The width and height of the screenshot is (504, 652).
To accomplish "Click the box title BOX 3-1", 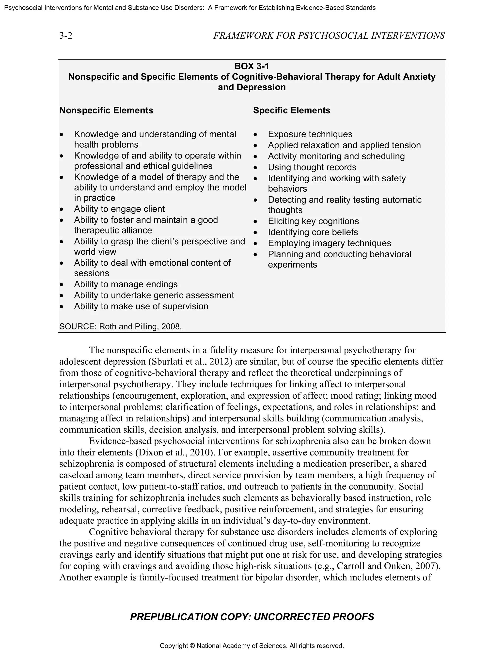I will pos(252,66).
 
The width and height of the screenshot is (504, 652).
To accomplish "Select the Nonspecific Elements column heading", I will pos(106,110).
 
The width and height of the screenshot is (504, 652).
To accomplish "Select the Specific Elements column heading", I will pos(291,110).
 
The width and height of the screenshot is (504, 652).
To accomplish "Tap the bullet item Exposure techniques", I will pos(310,134).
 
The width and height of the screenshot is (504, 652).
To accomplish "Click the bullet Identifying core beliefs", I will pos(313,232).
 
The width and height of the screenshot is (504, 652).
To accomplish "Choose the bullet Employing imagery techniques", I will pos(329,243).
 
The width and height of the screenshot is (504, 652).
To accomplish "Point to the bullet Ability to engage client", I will pos(119,209).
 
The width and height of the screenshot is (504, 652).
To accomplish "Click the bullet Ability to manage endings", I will pos(126,284).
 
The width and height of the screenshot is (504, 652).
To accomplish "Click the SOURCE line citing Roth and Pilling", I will pos(120,326).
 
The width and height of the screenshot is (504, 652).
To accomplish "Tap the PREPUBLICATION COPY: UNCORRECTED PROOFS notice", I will pos(252,617).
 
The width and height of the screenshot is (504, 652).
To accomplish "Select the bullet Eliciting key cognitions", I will pos(313,221).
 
